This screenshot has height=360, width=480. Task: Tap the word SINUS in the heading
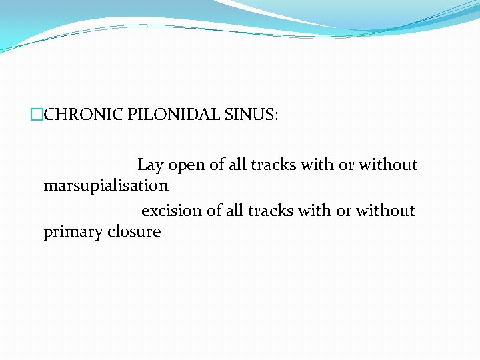254,115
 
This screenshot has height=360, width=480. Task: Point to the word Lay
150,165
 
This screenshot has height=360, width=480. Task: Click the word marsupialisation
106,185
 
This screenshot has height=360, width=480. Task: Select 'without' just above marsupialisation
388,165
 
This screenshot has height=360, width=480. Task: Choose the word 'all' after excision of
235,211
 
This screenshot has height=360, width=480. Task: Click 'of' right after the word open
217,165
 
